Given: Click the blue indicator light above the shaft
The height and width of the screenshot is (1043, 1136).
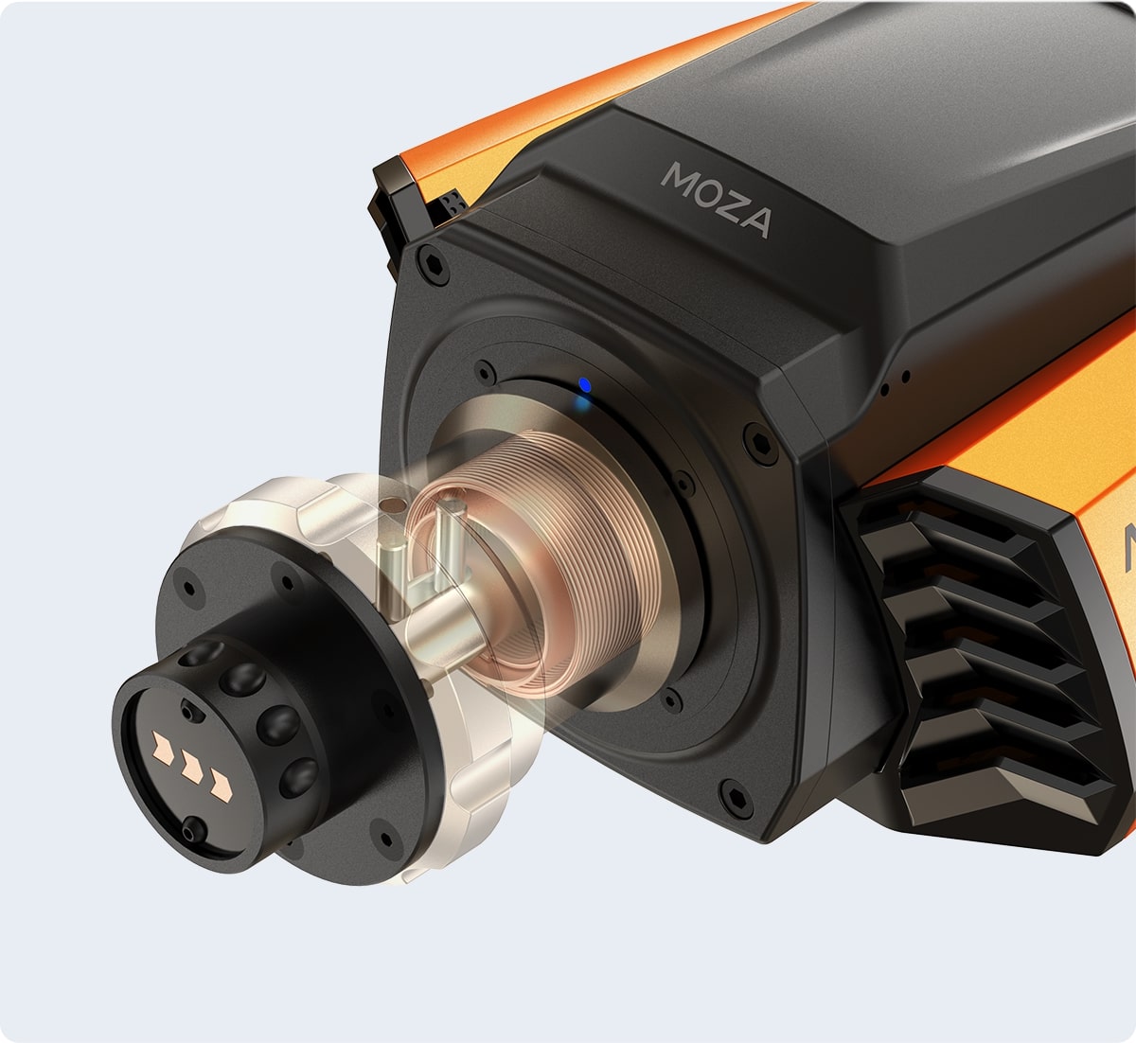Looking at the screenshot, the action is (x=585, y=385).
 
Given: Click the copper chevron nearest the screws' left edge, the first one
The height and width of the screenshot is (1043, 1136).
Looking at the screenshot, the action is (x=163, y=747).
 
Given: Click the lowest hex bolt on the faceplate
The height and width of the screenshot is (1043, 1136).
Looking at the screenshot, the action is (x=736, y=796).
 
